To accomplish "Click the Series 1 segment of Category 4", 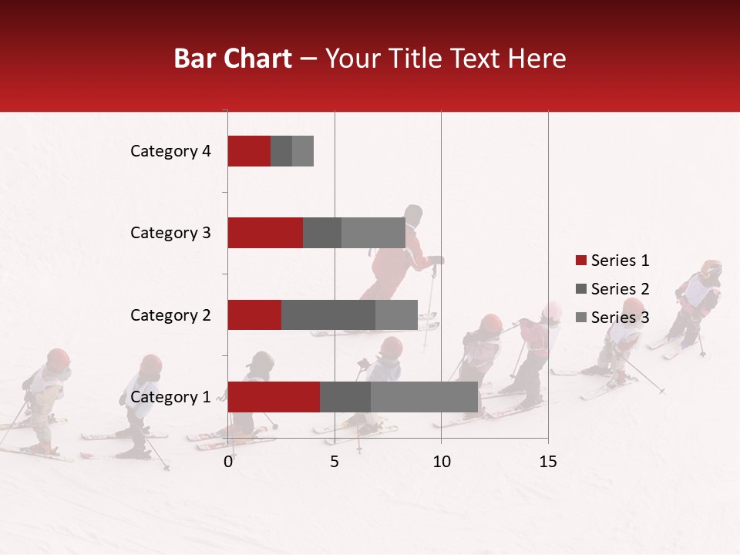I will [x=249, y=151].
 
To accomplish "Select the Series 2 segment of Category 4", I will [x=281, y=151].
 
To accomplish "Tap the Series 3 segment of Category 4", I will [x=303, y=151].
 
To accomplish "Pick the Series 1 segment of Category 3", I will [x=265, y=233].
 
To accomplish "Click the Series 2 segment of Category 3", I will [x=322, y=233].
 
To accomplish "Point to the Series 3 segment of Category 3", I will [x=373, y=233].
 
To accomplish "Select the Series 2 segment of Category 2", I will [x=328, y=314].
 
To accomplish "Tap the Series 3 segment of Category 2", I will [x=396, y=314].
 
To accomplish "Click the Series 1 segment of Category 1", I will [x=274, y=397].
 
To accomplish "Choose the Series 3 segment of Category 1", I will [x=424, y=397].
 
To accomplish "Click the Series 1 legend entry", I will [x=613, y=261].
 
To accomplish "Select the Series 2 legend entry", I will [x=613, y=289].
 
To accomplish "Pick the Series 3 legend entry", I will [x=613, y=317].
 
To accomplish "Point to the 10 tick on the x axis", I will [x=441, y=462].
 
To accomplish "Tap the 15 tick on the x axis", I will [x=548, y=462].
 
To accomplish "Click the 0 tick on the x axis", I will [x=228, y=462].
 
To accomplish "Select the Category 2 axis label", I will [x=170, y=315].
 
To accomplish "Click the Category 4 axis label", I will [x=170, y=151].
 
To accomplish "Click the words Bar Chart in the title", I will [x=233, y=59].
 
